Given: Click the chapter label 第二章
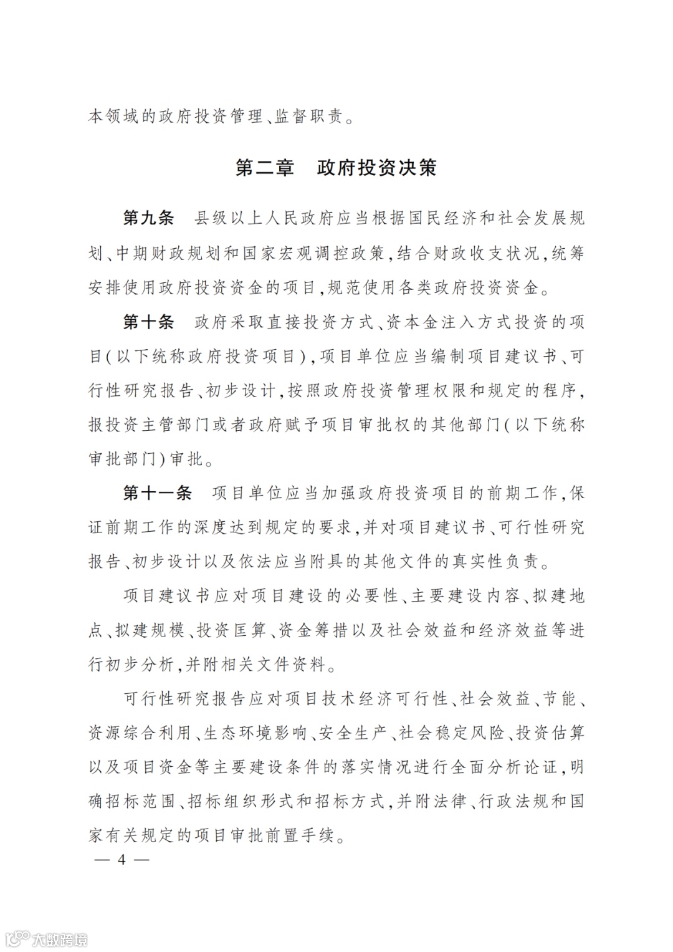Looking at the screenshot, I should [264, 168].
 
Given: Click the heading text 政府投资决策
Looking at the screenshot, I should [376, 168].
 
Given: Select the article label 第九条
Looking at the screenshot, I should [149, 219].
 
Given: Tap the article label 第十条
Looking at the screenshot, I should [149, 322].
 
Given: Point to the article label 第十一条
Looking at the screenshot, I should [158, 493].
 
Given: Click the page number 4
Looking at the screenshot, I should [122, 860].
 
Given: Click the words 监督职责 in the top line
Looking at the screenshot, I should [309, 117].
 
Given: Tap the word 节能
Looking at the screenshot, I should [560, 699].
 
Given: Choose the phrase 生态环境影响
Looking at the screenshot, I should [256, 733].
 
